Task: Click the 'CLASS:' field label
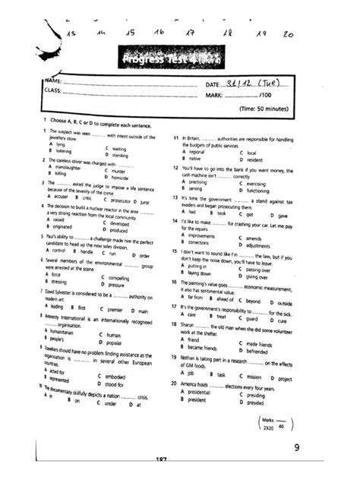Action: coord(52,93)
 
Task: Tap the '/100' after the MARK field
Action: coord(265,96)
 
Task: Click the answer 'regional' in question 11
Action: coord(200,153)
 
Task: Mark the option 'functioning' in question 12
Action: coord(261,189)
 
